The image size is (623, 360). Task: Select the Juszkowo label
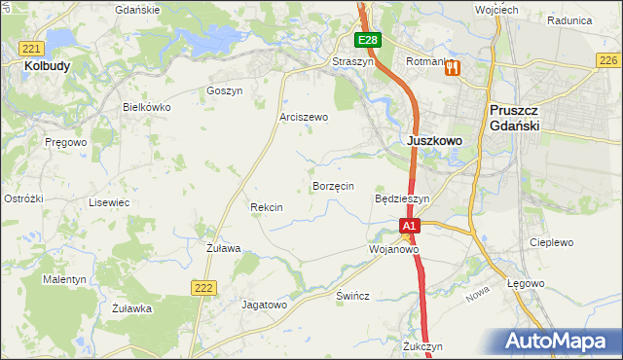pyautogui.click(x=433, y=140)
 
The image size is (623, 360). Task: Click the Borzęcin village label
pyautogui.click(x=332, y=186)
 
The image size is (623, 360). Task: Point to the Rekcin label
pyautogui.click(x=266, y=207)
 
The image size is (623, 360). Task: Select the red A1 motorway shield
pyautogui.click(x=410, y=226)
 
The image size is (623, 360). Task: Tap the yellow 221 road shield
pyautogui.click(x=32, y=49)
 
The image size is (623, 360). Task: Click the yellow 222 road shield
pyautogui.click(x=202, y=287)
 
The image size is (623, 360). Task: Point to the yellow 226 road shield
pyautogui.click(x=608, y=60)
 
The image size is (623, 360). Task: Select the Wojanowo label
pyautogui.click(x=393, y=249)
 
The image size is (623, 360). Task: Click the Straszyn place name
pyautogui.click(x=352, y=60)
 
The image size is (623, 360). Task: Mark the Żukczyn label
pyautogui.click(x=422, y=346)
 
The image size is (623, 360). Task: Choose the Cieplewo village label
pyautogui.click(x=551, y=242)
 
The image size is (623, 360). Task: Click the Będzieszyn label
pyautogui.click(x=402, y=198)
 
